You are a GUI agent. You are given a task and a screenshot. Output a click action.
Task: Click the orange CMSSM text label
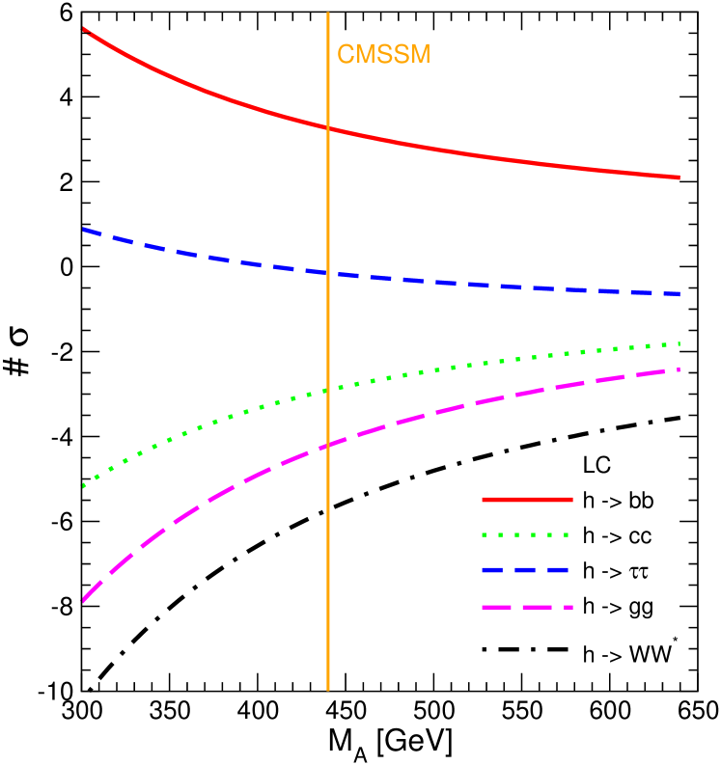coord(383,54)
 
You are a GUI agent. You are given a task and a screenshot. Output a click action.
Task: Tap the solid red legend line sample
coord(527,500)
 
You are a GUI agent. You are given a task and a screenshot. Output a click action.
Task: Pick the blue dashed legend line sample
coord(527,570)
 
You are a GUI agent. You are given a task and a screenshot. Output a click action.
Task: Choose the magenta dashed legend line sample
coord(527,608)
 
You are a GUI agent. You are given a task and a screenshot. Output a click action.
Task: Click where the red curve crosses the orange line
coord(328,127)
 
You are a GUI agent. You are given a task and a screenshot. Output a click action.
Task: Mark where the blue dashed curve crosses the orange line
coord(328,274)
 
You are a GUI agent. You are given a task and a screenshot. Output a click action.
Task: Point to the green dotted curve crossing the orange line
coord(328,390)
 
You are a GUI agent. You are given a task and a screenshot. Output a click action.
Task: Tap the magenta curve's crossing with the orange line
coord(328,445)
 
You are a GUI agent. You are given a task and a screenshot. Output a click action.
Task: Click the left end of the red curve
coord(85,30)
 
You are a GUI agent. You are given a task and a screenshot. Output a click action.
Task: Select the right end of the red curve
coord(679,178)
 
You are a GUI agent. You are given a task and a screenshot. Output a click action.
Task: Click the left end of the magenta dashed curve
coord(83,600)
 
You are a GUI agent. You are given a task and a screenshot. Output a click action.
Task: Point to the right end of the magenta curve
coord(679,369)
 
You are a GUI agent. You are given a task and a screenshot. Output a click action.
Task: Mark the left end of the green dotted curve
coord(84,486)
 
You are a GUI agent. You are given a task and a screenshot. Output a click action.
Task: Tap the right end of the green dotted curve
coord(679,343)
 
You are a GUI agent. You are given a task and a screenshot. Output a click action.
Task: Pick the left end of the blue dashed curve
coord(85,230)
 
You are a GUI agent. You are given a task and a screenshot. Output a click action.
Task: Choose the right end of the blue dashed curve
coord(679,293)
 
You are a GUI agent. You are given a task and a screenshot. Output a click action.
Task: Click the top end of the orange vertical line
coord(328,14)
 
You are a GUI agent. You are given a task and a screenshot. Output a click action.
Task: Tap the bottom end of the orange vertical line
coord(328,690)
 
